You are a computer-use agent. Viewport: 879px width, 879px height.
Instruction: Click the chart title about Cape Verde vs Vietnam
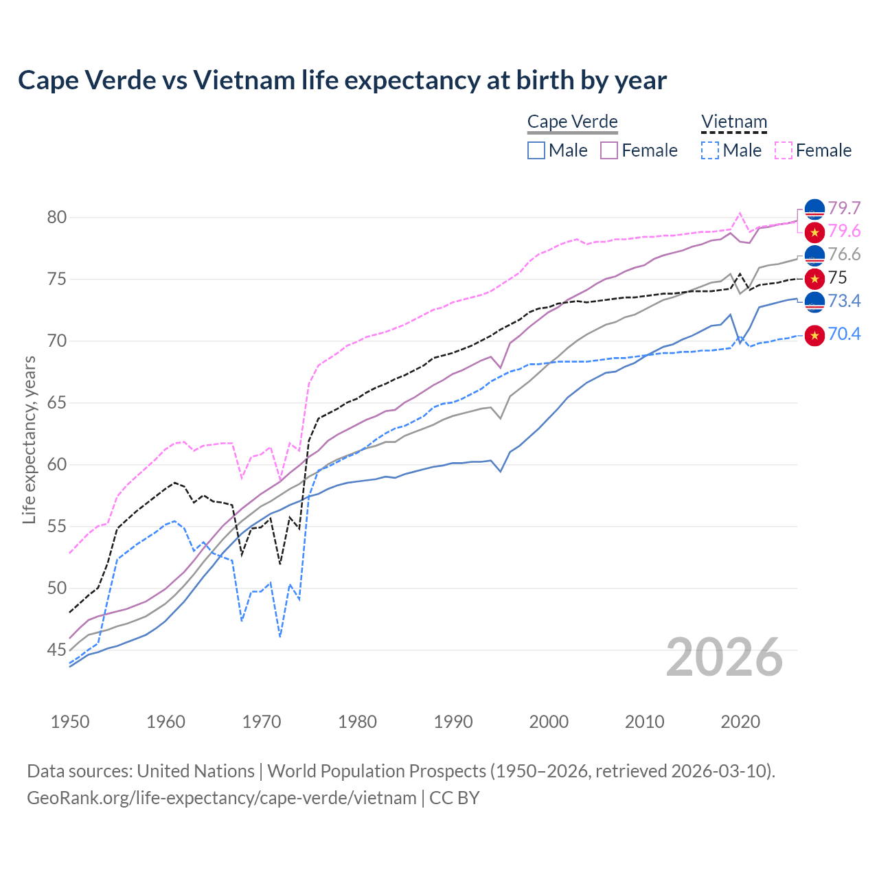click(x=342, y=80)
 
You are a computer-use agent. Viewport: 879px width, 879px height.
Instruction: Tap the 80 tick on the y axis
click(x=57, y=218)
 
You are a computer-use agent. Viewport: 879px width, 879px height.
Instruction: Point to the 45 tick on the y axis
click(x=57, y=650)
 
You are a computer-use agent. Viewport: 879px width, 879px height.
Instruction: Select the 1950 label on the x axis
click(x=70, y=722)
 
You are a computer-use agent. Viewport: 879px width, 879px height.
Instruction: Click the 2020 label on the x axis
click(x=740, y=722)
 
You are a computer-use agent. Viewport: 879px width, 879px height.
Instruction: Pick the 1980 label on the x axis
click(x=357, y=722)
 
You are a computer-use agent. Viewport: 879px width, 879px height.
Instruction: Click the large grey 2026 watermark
click(x=724, y=657)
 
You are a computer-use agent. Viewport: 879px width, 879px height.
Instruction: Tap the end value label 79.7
click(x=844, y=208)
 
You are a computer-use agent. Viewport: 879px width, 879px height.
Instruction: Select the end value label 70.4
click(x=844, y=334)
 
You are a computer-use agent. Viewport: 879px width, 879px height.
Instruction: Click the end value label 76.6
click(x=844, y=255)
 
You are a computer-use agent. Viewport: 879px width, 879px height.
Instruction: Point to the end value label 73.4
click(x=844, y=301)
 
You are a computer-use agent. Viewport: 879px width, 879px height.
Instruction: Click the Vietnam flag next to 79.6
click(x=814, y=232)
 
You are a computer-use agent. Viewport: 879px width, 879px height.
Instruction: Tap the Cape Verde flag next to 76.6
click(x=814, y=255)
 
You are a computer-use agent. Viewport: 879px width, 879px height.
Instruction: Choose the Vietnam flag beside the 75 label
click(x=814, y=278)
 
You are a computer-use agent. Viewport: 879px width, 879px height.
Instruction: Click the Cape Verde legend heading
click(x=573, y=122)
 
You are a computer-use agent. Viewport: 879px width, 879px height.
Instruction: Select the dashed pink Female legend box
click(x=784, y=150)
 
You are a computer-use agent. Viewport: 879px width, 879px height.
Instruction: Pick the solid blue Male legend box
click(x=536, y=150)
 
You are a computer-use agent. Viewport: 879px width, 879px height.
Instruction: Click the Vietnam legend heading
click(x=733, y=122)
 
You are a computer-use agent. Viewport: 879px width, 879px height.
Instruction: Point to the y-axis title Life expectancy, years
click(x=29, y=439)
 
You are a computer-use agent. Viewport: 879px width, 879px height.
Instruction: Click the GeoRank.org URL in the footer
click(x=221, y=798)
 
